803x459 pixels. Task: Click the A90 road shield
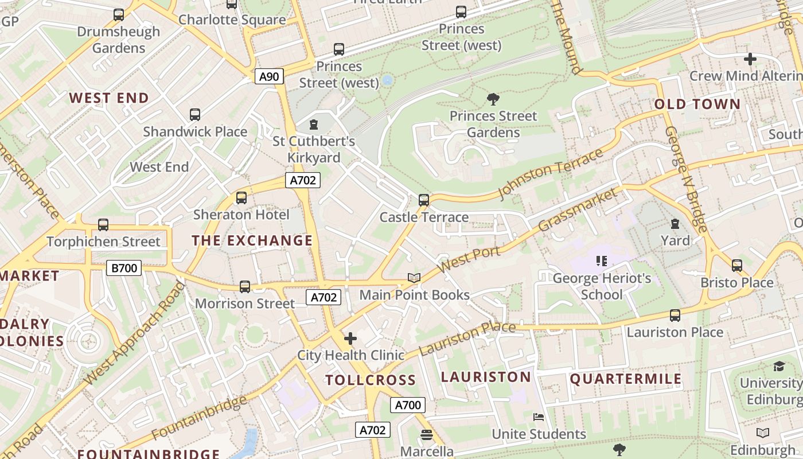point(269,76)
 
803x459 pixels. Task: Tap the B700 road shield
point(124,267)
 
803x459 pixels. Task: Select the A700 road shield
point(408,405)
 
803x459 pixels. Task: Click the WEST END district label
point(109,98)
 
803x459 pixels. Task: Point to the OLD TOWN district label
point(697,104)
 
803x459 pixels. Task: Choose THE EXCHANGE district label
point(252,240)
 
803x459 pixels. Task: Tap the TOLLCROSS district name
point(371,380)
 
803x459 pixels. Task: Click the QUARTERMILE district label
point(626,379)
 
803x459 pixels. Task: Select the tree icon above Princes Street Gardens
point(493,99)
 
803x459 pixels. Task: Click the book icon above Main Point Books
point(414,278)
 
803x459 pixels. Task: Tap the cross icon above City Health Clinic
point(350,339)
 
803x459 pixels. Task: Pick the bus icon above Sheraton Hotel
point(241,198)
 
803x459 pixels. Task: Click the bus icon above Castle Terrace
point(424,200)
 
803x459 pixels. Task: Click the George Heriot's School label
point(602,286)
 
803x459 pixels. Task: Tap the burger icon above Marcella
point(426,435)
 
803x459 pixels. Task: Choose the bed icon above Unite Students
point(538,417)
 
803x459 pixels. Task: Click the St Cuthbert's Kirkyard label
point(314,149)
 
